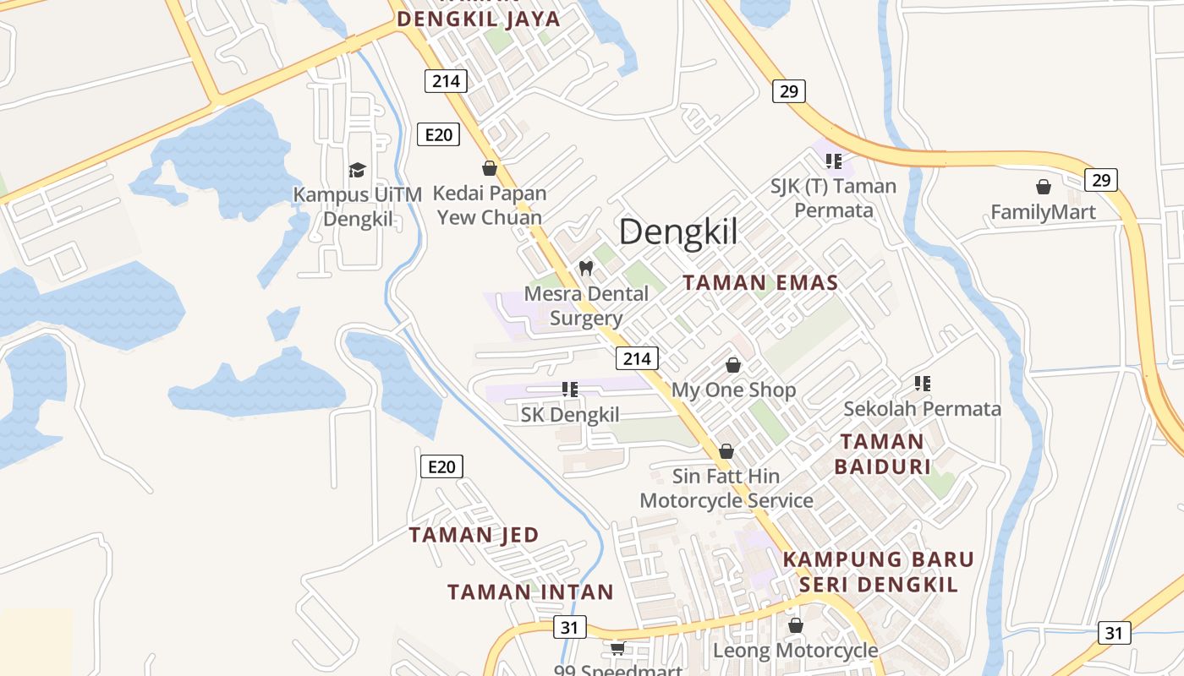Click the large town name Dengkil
[x=678, y=232]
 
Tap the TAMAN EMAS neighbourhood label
[x=760, y=283]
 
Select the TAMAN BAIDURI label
[x=882, y=454]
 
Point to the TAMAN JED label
[x=474, y=535]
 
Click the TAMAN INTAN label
[x=530, y=591]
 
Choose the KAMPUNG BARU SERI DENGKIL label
[x=879, y=572]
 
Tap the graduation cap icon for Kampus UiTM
[x=357, y=170]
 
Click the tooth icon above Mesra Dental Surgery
[x=585, y=269]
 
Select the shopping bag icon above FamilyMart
[x=1044, y=187]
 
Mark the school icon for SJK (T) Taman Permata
[x=834, y=161]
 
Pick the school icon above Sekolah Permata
[x=923, y=384]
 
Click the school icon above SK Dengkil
[x=570, y=390]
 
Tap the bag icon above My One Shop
[x=733, y=365]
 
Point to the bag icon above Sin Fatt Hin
[x=726, y=451]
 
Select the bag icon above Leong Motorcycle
[x=796, y=625]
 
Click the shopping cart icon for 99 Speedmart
[x=618, y=648]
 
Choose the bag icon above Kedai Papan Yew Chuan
[x=490, y=168]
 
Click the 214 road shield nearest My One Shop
[x=637, y=358]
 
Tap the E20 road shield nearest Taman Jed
[x=441, y=466]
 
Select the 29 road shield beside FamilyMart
[x=1100, y=179]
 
